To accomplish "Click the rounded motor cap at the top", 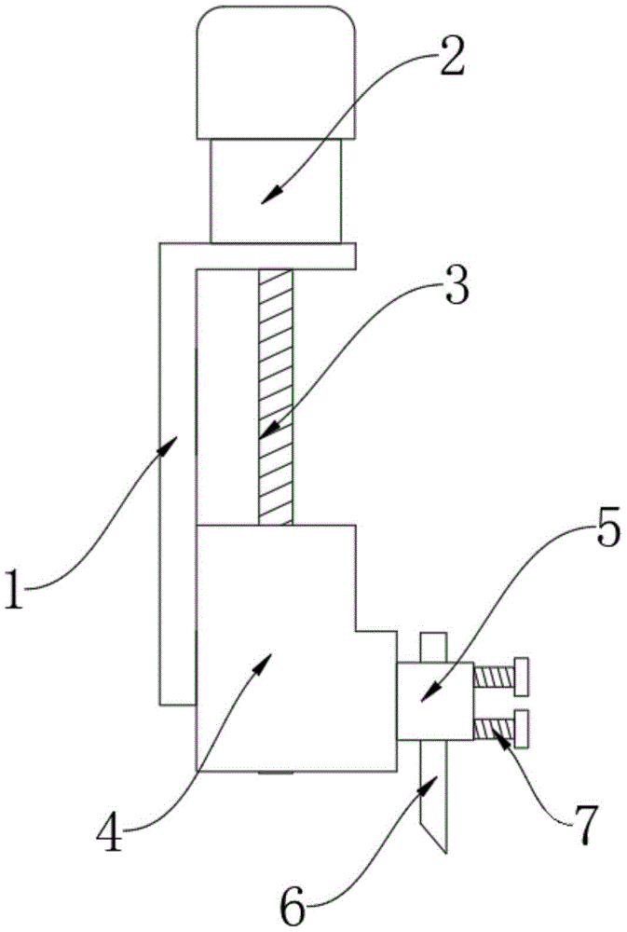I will [276, 73].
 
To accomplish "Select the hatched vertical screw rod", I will [275, 396].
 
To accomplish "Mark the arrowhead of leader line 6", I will [431, 785].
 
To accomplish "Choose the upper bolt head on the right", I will [522, 675].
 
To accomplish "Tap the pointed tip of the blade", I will [446, 850].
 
